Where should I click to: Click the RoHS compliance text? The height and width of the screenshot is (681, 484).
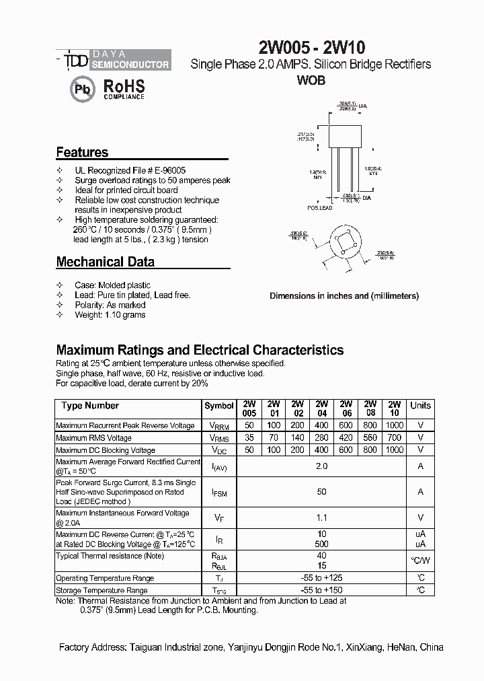click(124, 89)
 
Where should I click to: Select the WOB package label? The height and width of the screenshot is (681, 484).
click(311, 80)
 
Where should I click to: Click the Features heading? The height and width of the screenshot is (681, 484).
click(82, 153)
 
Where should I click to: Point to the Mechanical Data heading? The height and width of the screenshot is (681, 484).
click(105, 262)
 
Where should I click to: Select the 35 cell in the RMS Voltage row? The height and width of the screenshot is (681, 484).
click(249, 437)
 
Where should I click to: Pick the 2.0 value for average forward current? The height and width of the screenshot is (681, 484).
click(321, 466)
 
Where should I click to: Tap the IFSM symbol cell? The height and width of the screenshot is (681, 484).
click(219, 493)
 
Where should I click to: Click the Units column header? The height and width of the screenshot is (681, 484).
click(420, 406)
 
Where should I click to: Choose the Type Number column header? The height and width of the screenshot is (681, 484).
click(90, 406)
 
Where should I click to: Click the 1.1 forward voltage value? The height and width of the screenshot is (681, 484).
click(321, 517)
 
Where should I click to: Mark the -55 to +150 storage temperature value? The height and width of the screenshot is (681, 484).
click(321, 590)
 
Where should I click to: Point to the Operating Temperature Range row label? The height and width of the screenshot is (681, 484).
click(105, 578)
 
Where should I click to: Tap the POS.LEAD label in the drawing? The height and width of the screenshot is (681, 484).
click(320, 209)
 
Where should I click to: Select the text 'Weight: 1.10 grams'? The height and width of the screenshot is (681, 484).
click(110, 315)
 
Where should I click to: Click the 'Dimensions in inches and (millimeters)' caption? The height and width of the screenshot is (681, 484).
click(344, 295)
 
